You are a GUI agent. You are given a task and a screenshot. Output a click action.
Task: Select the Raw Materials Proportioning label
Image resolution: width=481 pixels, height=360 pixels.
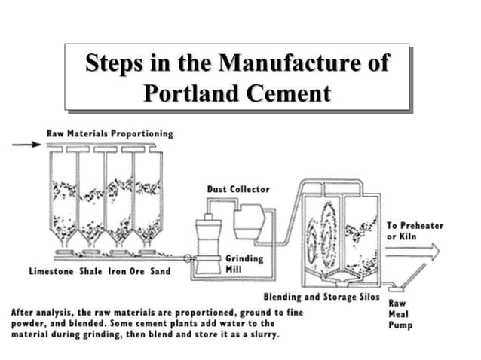tap(109, 133)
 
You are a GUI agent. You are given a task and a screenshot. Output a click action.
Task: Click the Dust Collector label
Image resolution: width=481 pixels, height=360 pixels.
tap(237, 188)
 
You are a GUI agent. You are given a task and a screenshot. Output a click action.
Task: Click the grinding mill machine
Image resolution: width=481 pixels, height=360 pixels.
tap(206, 249)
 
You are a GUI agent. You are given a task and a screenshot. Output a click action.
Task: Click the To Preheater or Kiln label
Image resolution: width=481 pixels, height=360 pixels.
tap(415, 230)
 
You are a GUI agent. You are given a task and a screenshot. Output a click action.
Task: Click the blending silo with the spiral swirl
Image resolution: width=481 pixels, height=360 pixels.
tap(321, 226)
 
